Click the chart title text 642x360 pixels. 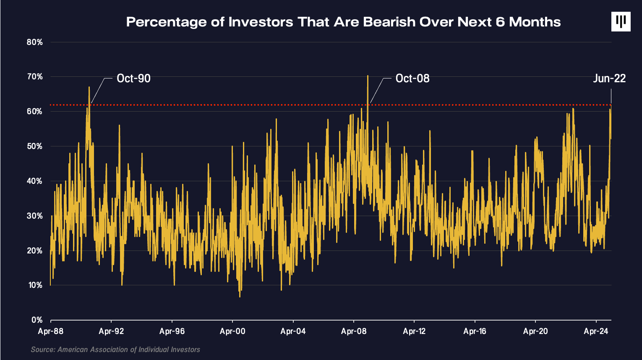coord(343,22)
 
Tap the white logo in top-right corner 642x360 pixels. coord(621,21)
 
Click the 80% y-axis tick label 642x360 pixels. coord(34,42)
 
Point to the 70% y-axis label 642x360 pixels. coord(34,77)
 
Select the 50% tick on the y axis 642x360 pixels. coord(34,146)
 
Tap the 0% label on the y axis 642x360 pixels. coord(37,320)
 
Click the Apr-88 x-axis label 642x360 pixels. coord(51,331)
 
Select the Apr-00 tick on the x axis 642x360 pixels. coord(232,331)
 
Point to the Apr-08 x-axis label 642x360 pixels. coord(354,331)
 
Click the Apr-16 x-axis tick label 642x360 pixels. coord(475,331)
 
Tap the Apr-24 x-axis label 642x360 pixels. coord(596,331)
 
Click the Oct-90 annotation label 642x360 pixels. coord(133,78)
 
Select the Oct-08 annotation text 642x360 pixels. coord(412,78)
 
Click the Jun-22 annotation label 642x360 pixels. coord(609,78)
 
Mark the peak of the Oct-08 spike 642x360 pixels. coord(368,76)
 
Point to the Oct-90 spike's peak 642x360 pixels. coord(89,87)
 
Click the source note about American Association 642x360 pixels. coord(115,350)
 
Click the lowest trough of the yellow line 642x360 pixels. coord(240,297)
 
